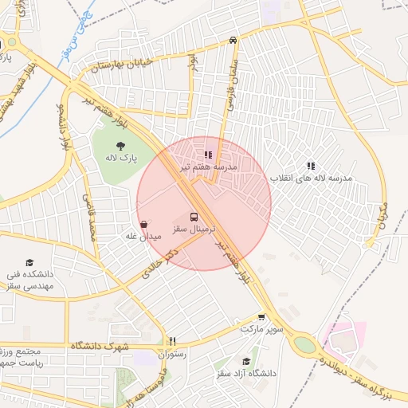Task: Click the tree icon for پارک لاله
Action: [x=120, y=145]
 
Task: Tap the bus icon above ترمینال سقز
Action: [x=194, y=216]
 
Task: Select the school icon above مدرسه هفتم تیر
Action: [x=208, y=155]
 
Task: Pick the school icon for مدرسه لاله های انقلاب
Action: [x=311, y=166]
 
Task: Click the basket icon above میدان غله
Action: [x=143, y=225]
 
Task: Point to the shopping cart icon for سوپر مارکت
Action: [x=261, y=317]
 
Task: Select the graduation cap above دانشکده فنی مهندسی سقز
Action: [x=29, y=262]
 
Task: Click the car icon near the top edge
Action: [x=232, y=39]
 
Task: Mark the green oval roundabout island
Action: [x=304, y=346]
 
